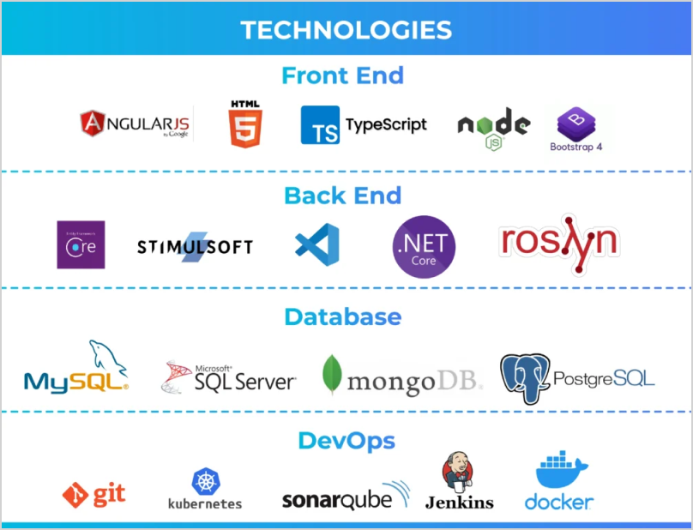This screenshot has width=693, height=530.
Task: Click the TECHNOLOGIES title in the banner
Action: coord(346,30)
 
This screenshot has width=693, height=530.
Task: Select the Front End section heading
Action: coord(342,75)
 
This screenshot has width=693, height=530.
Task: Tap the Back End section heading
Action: coord(342,196)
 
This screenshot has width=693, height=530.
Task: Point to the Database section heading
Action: coord(342,316)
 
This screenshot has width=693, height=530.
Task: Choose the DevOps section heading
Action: coord(346,440)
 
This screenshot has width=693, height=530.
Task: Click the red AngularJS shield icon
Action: coord(93,125)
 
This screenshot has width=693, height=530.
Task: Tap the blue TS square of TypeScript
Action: coord(320,125)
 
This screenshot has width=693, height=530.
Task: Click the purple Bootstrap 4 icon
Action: coord(576,123)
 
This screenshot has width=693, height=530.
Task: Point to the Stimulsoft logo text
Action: coord(195,247)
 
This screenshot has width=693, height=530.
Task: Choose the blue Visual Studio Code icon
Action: coord(316,244)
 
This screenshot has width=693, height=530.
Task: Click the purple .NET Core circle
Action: coord(424,247)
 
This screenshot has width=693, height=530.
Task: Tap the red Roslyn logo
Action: coord(558,242)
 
